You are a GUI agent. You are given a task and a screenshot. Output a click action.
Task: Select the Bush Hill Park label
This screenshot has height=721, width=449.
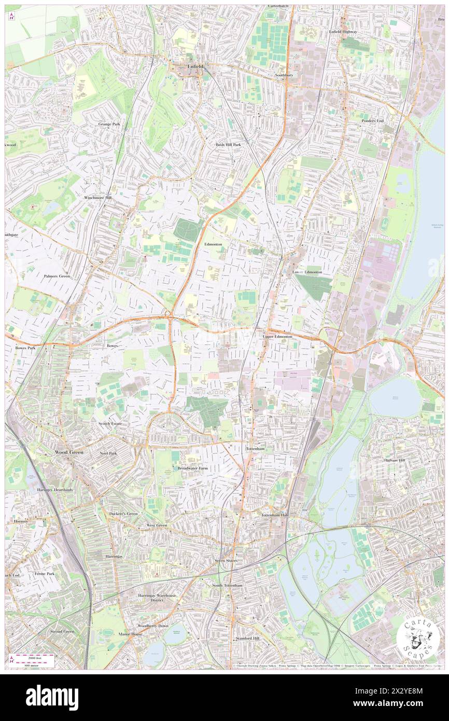pos(229,145)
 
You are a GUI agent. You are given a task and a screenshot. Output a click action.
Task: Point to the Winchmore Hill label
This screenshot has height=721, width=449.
pos(97,198)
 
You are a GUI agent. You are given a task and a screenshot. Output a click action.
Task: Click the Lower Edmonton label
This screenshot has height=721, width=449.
pos(307,272)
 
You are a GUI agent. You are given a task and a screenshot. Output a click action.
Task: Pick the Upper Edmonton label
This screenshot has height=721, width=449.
pos(278,337)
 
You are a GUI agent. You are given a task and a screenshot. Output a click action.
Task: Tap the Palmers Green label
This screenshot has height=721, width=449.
pos(57,276)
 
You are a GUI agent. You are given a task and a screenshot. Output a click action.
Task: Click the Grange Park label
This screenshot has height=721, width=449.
pos(109,124)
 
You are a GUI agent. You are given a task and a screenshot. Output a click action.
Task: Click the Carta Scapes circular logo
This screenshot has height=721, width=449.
pos(418,639)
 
